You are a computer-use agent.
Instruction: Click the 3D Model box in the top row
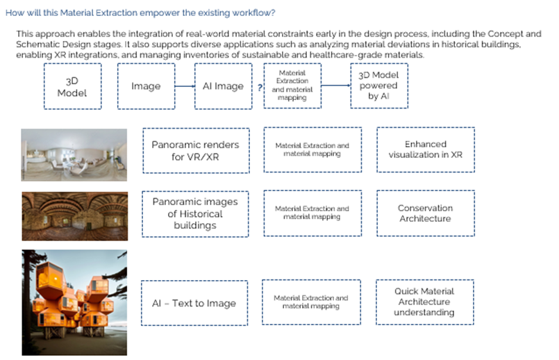[x=72, y=87]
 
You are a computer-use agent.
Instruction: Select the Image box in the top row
[x=146, y=87]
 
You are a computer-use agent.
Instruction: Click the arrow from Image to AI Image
[x=183, y=87]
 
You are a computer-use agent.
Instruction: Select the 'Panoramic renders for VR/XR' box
[x=195, y=149]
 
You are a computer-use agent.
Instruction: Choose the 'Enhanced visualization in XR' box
[x=425, y=149]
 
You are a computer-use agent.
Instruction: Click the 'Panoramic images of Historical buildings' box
[x=195, y=213]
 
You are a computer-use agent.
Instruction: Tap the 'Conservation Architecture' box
[x=425, y=213]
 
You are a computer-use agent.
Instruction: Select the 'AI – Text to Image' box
[x=194, y=302]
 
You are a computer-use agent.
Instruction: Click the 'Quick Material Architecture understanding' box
[x=424, y=302]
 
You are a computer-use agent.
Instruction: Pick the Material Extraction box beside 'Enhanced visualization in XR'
[x=312, y=149]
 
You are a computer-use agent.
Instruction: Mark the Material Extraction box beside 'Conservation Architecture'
[x=312, y=213]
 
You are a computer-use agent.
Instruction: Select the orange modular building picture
[x=65, y=302]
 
